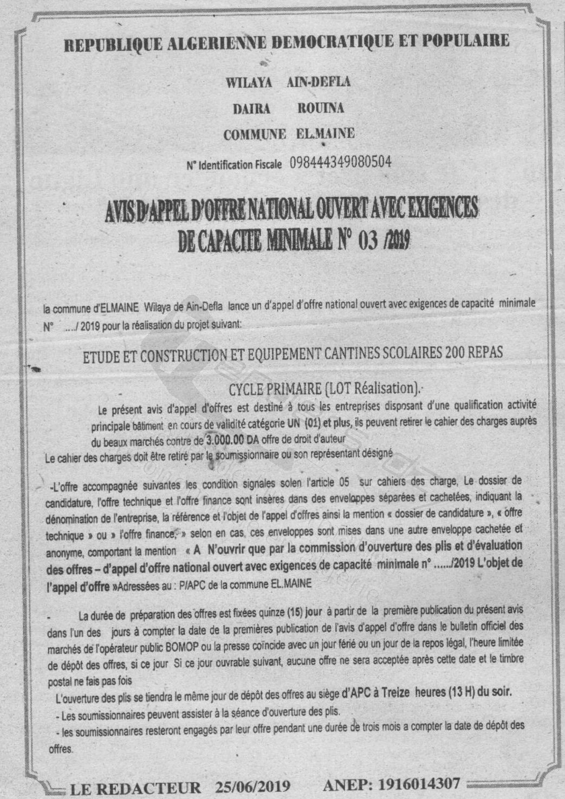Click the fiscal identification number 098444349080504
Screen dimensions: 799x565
pyautogui.click(x=341, y=162)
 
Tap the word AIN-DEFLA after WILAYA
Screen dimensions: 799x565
pyautogui.click(x=319, y=82)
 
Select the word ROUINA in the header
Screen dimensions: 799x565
pyautogui.click(x=321, y=108)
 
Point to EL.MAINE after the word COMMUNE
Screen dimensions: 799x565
pyautogui.click(x=326, y=134)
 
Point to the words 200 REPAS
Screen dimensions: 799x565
pyautogui.click(x=473, y=352)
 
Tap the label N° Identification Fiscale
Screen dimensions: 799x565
pyautogui.click(x=234, y=164)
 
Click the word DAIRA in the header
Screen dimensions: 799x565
pyautogui.click(x=251, y=108)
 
